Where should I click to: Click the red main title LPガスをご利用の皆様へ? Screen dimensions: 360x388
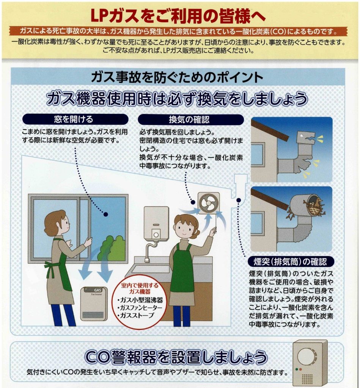(x=178, y=16)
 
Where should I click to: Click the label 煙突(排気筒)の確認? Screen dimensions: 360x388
(x=291, y=261)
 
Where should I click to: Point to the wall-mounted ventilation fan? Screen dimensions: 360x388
(x=209, y=203)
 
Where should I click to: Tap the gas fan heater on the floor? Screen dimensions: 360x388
(x=94, y=304)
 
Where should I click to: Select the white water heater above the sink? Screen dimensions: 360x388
(x=156, y=223)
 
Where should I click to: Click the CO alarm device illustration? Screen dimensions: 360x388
(x=310, y=363)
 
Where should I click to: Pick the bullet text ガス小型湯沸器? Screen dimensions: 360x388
(x=140, y=300)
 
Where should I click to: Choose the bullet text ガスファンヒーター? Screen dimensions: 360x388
(x=140, y=308)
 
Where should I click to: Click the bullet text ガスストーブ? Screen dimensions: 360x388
(x=136, y=316)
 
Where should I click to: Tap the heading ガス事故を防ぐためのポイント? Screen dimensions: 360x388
(x=177, y=77)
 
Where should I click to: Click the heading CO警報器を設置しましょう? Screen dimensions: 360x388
(x=176, y=357)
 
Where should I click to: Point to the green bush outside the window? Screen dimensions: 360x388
(x=113, y=248)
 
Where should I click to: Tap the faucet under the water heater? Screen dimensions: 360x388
(x=149, y=251)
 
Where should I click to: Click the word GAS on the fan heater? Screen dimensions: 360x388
(x=97, y=290)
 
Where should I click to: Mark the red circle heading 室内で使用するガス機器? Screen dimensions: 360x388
(x=140, y=288)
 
